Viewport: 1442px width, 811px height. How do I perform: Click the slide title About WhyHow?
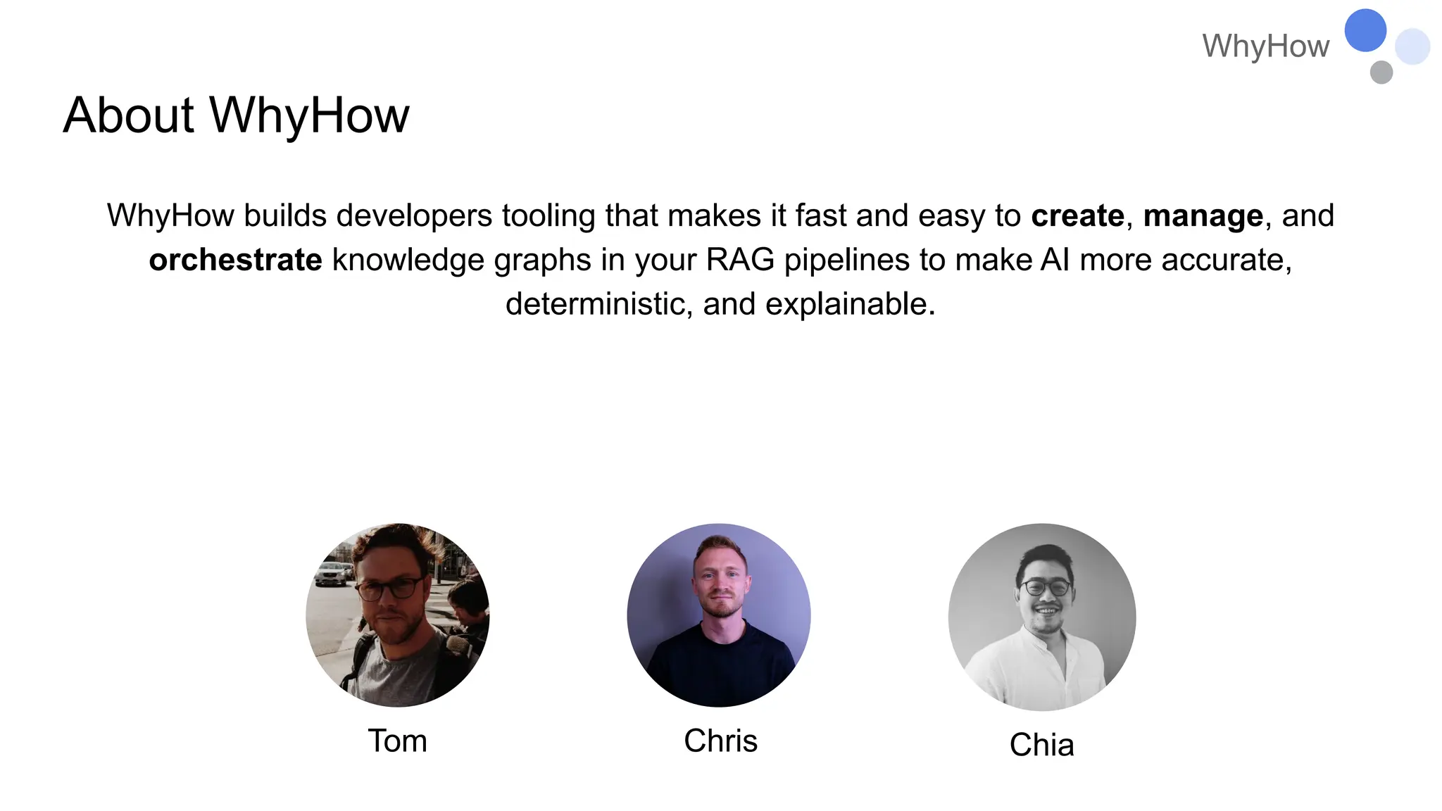tap(236, 115)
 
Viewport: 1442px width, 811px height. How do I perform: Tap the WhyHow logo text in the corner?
tap(1265, 46)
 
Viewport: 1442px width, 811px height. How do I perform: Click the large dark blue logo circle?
tap(1365, 30)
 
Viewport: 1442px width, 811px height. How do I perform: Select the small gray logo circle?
tap(1381, 72)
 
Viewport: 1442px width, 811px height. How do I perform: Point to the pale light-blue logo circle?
tap(1412, 46)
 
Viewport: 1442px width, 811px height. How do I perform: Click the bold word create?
tap(1077, 216)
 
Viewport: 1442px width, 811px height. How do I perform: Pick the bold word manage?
tap(1203, 216)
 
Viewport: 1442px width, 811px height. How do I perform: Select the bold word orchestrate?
tap(235, 260)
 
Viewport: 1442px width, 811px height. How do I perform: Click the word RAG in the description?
tap(739, 260)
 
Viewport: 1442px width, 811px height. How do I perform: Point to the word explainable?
tap(850, 304)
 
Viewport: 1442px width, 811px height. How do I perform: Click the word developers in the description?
tap(414, 215)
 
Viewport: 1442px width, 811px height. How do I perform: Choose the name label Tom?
tap(397, 741)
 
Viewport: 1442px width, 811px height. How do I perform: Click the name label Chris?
tap(720, 741)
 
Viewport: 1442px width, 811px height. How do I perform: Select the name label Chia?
tap(1041, 745)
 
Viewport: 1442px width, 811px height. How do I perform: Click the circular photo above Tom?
tap(397, 615)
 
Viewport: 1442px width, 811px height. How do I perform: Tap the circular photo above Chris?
tap(718, 615)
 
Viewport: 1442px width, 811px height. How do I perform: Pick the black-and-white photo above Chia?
tap(1041, 617)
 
